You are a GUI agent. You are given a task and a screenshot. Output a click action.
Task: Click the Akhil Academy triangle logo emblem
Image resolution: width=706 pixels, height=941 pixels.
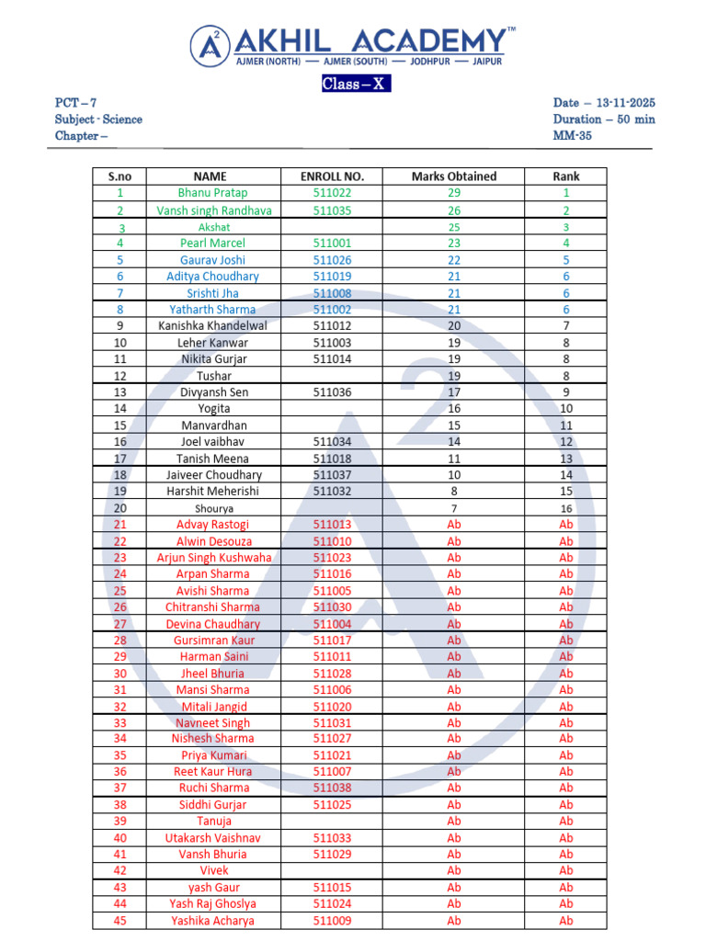(211, 45)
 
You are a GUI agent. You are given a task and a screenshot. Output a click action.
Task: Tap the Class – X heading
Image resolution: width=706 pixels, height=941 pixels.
(356, 85)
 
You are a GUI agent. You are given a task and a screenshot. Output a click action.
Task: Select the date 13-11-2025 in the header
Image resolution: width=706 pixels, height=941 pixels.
(617, 103)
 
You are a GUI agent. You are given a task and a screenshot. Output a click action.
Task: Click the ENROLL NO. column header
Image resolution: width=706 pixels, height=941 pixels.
(332, 176)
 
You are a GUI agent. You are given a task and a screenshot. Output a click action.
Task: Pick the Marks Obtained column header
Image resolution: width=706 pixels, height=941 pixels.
(453, 176)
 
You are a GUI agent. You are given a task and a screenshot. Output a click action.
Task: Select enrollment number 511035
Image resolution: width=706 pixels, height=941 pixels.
(332, 210)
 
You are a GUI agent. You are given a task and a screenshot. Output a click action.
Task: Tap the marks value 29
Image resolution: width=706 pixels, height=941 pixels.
(454, 193)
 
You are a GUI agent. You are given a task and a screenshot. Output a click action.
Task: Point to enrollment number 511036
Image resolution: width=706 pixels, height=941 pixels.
(332, 392)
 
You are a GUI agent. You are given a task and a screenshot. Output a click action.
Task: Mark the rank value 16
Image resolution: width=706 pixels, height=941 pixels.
(566, 508)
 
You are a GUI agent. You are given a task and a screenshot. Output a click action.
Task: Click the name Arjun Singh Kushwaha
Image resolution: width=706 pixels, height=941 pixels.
(214, 558)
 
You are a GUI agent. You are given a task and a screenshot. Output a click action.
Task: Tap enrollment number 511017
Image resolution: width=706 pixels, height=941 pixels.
(332, 641)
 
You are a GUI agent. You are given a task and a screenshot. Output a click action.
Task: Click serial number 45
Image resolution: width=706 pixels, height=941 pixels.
(120, 921)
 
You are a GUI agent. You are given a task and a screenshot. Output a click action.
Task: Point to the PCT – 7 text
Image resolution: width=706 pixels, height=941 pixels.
(71, 103)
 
